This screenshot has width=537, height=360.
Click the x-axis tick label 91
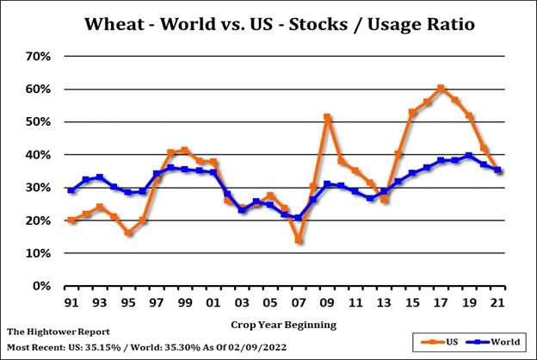(71, 304)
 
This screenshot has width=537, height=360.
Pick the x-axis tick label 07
(299, 304)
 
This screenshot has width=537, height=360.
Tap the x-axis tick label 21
(497, 304)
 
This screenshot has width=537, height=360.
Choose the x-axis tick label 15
(412, 304)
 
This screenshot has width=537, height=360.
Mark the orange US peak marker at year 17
(441, 88)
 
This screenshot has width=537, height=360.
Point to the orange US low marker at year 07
(299, 240)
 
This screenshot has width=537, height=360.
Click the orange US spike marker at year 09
(327, 117)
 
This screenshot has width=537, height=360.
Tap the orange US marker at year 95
(128, 233)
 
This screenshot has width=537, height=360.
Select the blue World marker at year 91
(71, 190)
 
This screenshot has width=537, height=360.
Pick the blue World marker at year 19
(469, 156)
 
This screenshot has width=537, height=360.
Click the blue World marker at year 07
(299, 218)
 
